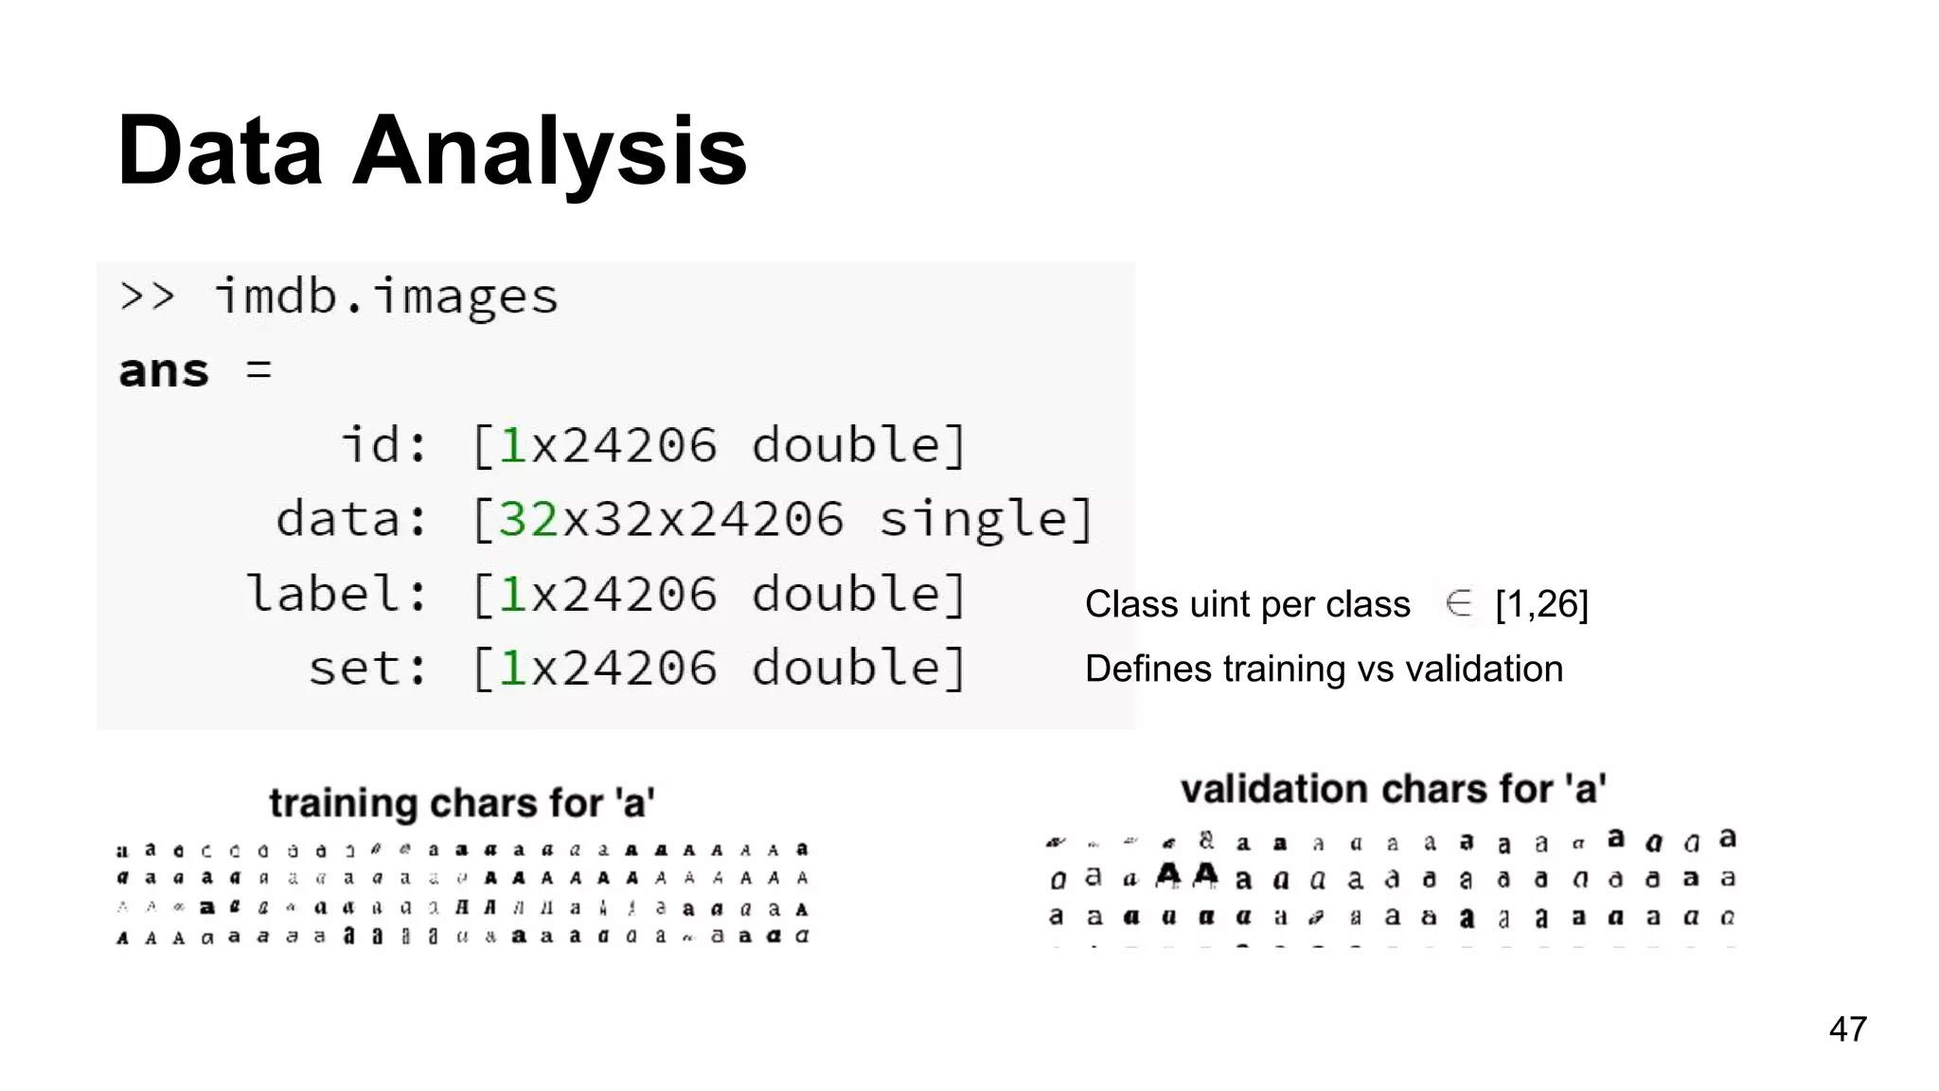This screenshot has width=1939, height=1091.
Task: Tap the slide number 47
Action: point(1847,1029)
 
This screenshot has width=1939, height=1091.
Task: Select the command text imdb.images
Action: point(386,297)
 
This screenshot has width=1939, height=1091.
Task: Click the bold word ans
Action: point(163,371)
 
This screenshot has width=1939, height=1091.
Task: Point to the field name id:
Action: point(383,445)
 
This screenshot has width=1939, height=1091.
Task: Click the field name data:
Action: point(351,519)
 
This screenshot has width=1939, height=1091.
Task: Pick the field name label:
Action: point(336,594)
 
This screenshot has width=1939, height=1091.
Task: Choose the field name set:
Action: point(367,668)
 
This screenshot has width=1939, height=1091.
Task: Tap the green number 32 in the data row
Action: point(527,519)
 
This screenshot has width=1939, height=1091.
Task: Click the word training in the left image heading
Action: point(343,803)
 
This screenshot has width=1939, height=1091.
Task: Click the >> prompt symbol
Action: point(148,297)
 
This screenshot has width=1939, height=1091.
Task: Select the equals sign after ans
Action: point(258,370)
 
